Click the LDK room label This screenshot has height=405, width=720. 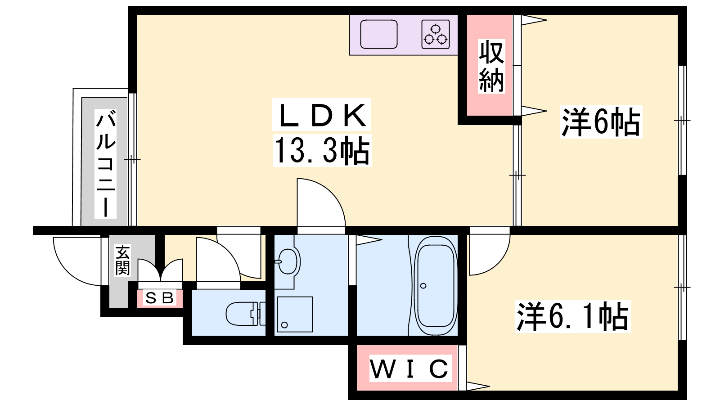(x=322, y=115)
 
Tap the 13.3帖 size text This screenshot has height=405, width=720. (x=322, y=150)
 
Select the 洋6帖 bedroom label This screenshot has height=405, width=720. (x=601, y=122)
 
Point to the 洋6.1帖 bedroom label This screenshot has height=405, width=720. (x=573, y=316)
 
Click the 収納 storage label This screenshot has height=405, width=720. (x=491, y=66)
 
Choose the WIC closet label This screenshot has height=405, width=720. (x=410, y=369)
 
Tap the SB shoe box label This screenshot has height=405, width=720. (x=160, y=298)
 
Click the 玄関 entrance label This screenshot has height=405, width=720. (x=122, y=261)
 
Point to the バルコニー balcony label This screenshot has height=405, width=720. (x=105, y=163)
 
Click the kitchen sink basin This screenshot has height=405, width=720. (x=378, y=34)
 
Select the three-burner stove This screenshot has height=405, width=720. (x=436, y=34)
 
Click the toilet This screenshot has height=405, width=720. (x=246, y=314)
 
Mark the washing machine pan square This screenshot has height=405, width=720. (x=295, y=314)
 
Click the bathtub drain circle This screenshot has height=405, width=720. (x=423, y=286)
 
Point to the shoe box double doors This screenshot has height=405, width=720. (x=160, y=270)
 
